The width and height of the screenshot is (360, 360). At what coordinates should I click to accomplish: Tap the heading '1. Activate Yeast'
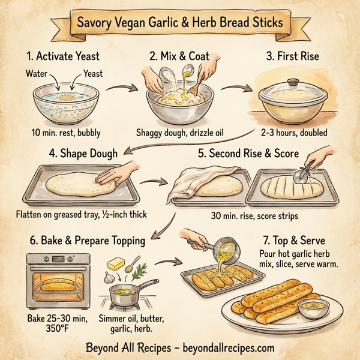pos(63,57)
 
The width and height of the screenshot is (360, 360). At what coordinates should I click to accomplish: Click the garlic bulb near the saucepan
pos(109,278)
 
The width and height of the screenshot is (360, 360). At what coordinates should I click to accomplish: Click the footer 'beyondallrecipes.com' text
pos(229,347)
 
